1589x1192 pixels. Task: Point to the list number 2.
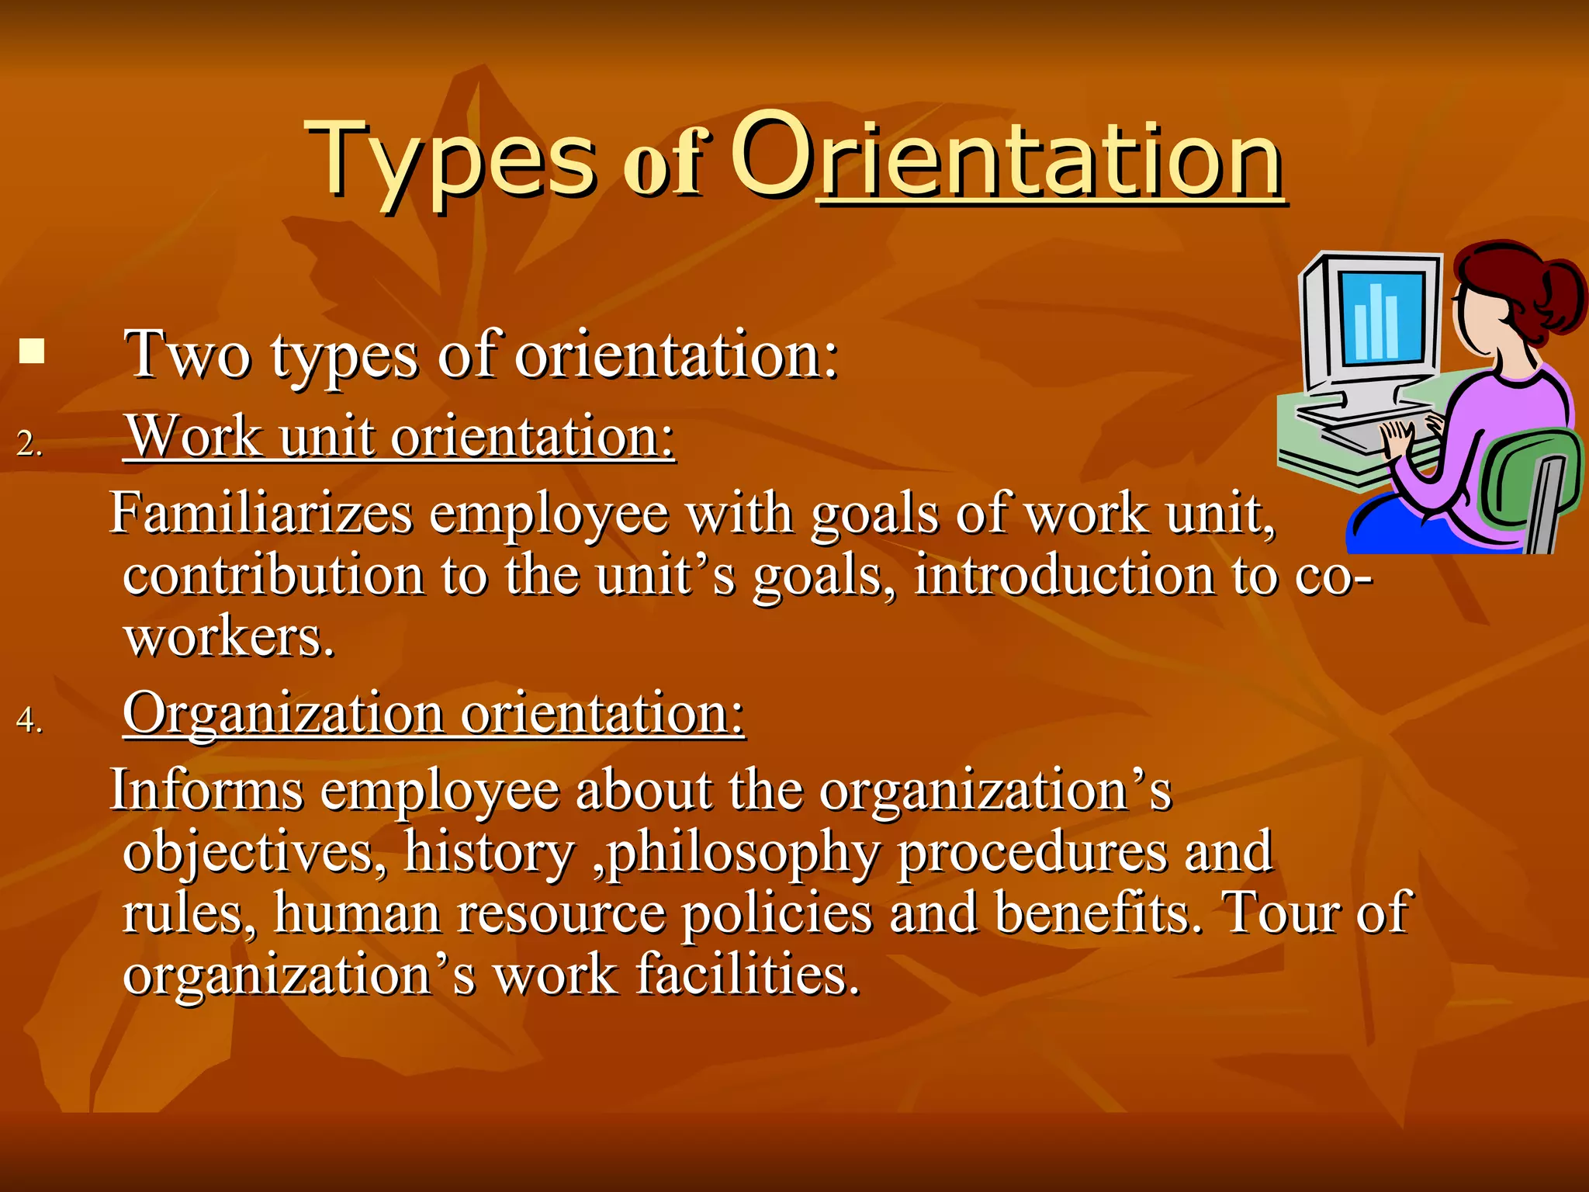[29, 444]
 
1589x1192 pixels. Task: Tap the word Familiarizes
[261, 514]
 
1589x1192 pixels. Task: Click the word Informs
[206, 791]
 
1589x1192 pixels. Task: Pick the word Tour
[1280, 913]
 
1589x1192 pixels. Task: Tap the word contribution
[273, 576]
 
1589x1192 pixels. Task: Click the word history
[487, 852]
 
